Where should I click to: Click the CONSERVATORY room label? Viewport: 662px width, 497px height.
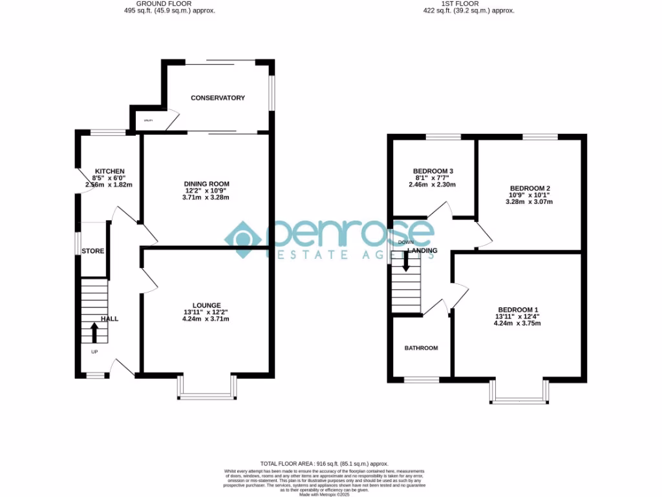point(218,98)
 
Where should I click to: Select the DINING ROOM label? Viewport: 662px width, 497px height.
point(206,184)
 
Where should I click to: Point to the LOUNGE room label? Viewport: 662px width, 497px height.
point(206,305)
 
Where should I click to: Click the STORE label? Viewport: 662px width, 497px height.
point(92,251)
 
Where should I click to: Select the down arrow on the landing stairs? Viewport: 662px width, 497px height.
point(406,261)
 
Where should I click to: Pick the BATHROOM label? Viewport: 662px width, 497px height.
point(421,348)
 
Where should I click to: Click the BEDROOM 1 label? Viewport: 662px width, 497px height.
point(518,309)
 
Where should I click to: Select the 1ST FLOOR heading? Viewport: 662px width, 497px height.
point(460,3)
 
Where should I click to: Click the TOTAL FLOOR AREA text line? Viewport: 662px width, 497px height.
point(324,464)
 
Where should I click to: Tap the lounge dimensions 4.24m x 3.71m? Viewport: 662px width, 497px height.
point(206,319)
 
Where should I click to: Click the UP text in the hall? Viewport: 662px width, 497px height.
point(94,352)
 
